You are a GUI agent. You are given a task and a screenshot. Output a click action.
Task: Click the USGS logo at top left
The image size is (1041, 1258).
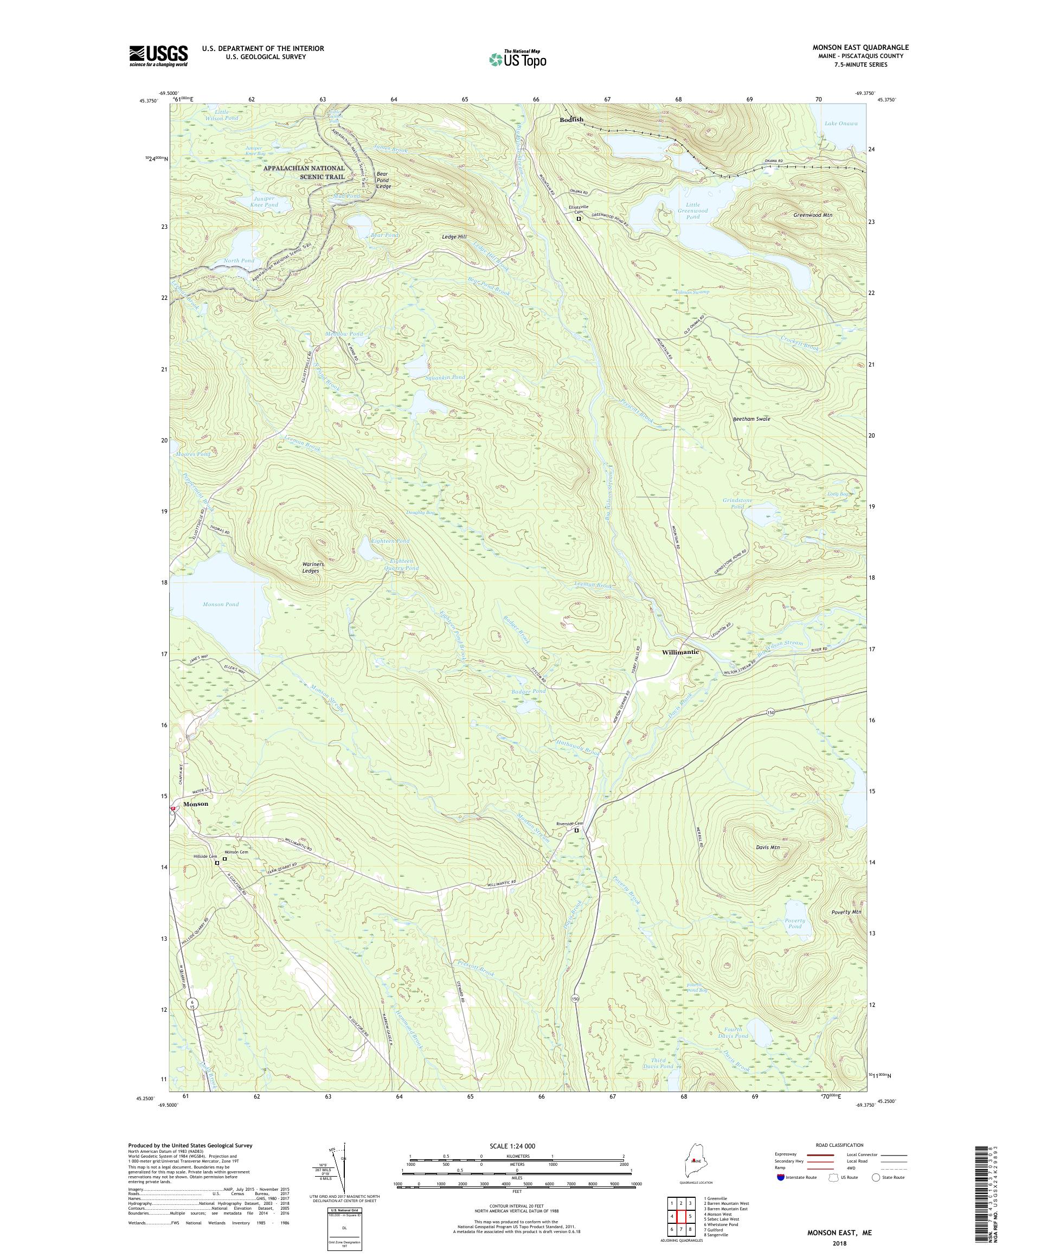click(x=159, y=56)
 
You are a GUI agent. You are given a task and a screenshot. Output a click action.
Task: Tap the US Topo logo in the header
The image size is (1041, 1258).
click(x=519, y=58)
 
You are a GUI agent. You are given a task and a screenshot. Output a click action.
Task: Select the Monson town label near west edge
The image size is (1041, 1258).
click(x=196, y=804)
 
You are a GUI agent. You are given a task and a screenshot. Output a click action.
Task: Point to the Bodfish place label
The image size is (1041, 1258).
click(x=571, y=119)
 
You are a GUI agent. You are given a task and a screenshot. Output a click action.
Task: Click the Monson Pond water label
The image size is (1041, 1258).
click(x=221, y=605)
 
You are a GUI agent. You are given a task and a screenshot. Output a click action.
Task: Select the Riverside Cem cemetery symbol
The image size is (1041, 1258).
click(x=577, y=831)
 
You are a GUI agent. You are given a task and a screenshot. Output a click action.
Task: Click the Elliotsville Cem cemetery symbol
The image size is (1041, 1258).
click(x=579, y=219)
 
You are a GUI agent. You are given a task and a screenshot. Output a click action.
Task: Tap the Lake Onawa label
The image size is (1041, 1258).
click(x=841, y=124)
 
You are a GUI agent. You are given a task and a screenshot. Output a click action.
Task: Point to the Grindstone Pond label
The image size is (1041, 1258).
click(x=737, y=503)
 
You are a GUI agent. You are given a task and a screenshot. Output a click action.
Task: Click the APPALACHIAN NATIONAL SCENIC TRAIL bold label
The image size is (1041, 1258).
click(x=304, y=172)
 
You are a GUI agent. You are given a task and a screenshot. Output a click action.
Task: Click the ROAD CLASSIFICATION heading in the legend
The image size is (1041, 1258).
click(x=841, y=1144)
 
